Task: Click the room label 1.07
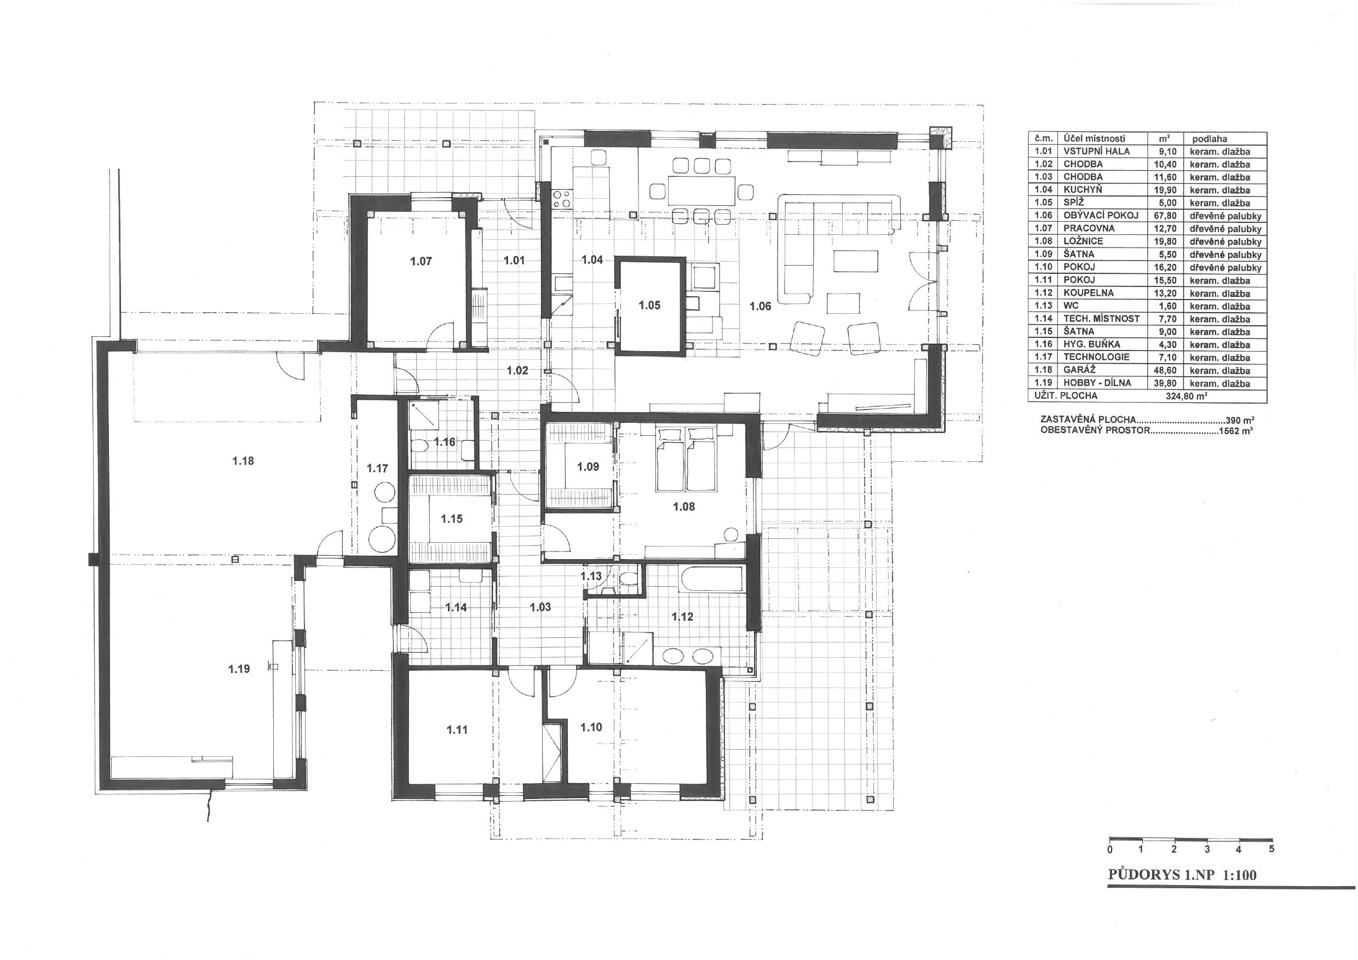point(421,261)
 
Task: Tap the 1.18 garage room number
point(243,461)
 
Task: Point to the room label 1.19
point(239,669)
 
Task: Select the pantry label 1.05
point(649,305)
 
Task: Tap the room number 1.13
point(591,576)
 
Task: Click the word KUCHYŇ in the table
point(1083,190)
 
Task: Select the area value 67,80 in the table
point(1165,216)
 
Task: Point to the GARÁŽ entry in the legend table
point(1079,370)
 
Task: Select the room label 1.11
point(457,730)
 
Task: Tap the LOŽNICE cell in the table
point(1083,242)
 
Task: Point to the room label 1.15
point(452,519)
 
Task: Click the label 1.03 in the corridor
point(540,607)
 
